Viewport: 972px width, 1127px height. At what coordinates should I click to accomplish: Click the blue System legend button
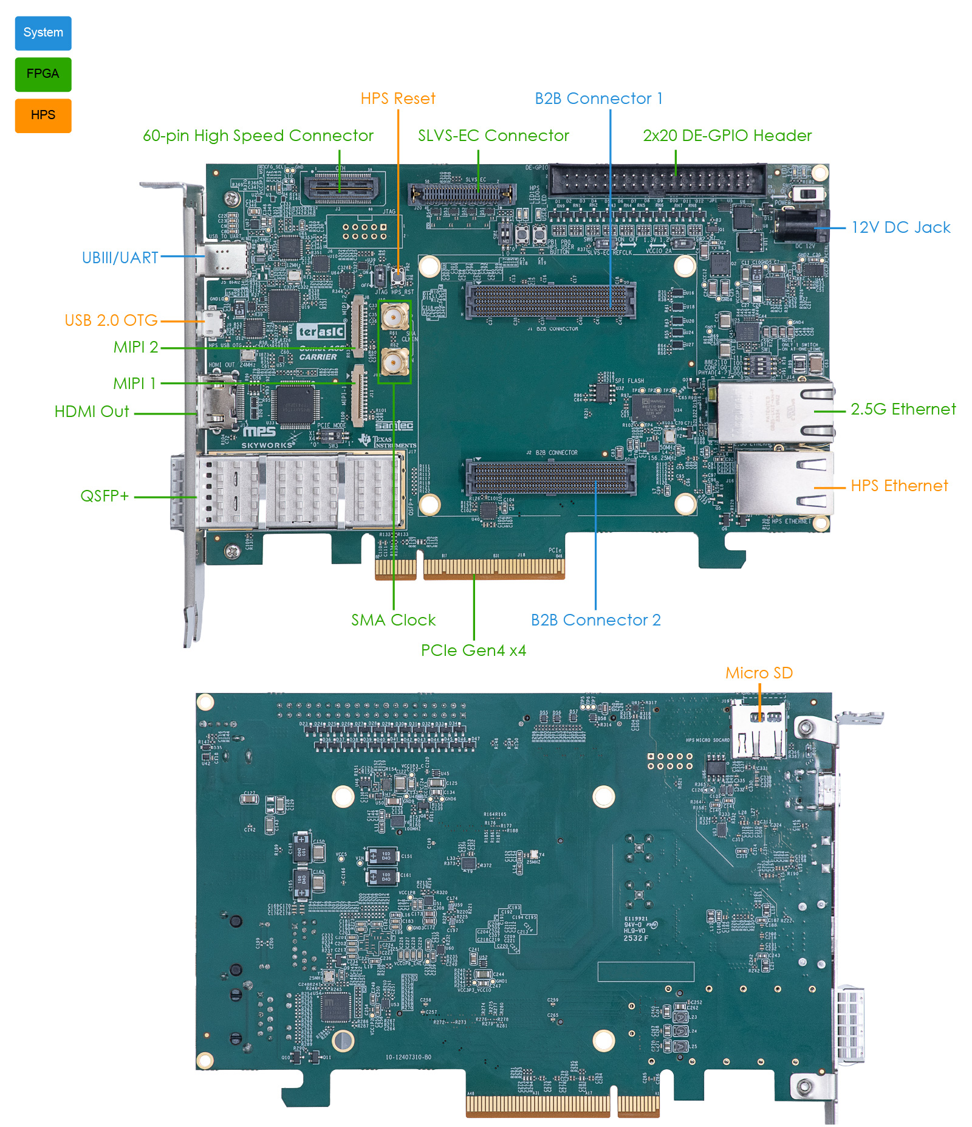[x=43, y=33]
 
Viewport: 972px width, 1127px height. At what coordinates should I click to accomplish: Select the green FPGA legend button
[x=43, y=74]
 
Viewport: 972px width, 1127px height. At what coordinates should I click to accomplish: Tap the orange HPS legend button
[x=43, y=115]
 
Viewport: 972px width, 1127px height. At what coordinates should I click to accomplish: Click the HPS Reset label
[x=398, y=98]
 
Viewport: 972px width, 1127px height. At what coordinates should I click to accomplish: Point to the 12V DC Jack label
[x=900, y=227]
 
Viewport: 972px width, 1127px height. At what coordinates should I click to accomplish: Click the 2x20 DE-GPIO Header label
[x=727, y=136]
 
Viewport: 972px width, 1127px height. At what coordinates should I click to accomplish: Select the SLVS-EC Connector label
[x=493, y=136]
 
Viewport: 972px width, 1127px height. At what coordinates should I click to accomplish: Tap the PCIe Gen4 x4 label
[x=473, y=650]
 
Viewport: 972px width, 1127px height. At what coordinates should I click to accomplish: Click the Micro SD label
[x=759, y=673]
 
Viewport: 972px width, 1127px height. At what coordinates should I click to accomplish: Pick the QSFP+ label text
[x=104, y=496]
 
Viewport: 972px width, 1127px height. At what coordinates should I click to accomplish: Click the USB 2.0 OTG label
[x=111, y=320]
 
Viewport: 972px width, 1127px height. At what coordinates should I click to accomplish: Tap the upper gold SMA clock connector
[x=394, y=316]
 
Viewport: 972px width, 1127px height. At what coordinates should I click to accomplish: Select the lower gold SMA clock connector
[x=394, y=364]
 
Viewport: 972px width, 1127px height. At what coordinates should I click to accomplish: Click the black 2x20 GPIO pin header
[x=657, y=180]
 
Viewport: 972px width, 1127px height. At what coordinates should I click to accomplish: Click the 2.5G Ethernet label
[x=903, y=409]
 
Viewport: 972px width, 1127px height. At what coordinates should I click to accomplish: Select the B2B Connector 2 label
[x=595, y=620]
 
